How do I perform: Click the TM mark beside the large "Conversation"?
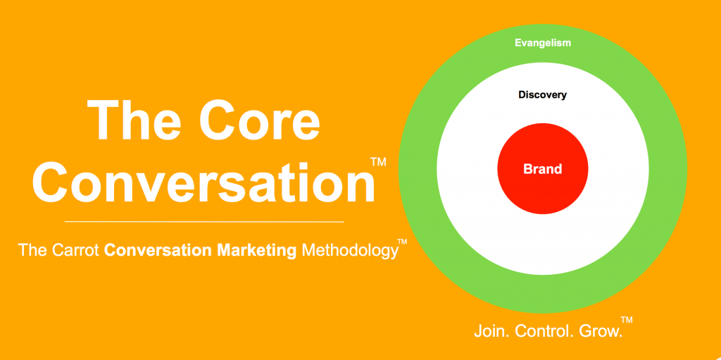[378, 162]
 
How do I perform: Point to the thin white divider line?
[204, 222]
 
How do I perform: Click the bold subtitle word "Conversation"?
[158, 250]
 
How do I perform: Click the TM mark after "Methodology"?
[402, 242]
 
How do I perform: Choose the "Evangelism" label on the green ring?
[543, 43]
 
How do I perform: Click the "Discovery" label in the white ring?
[543, 95]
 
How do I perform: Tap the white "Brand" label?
[543, 169]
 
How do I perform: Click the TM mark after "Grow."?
[626, 319]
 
